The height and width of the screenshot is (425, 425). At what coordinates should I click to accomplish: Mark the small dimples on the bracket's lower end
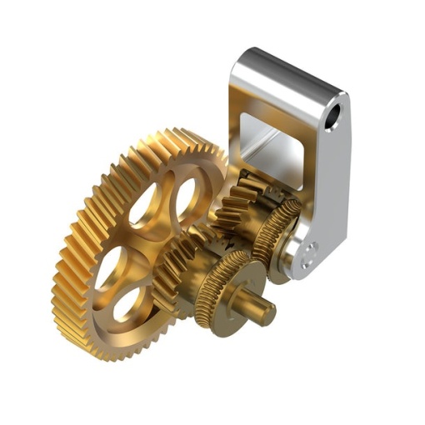coord(309,253)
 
